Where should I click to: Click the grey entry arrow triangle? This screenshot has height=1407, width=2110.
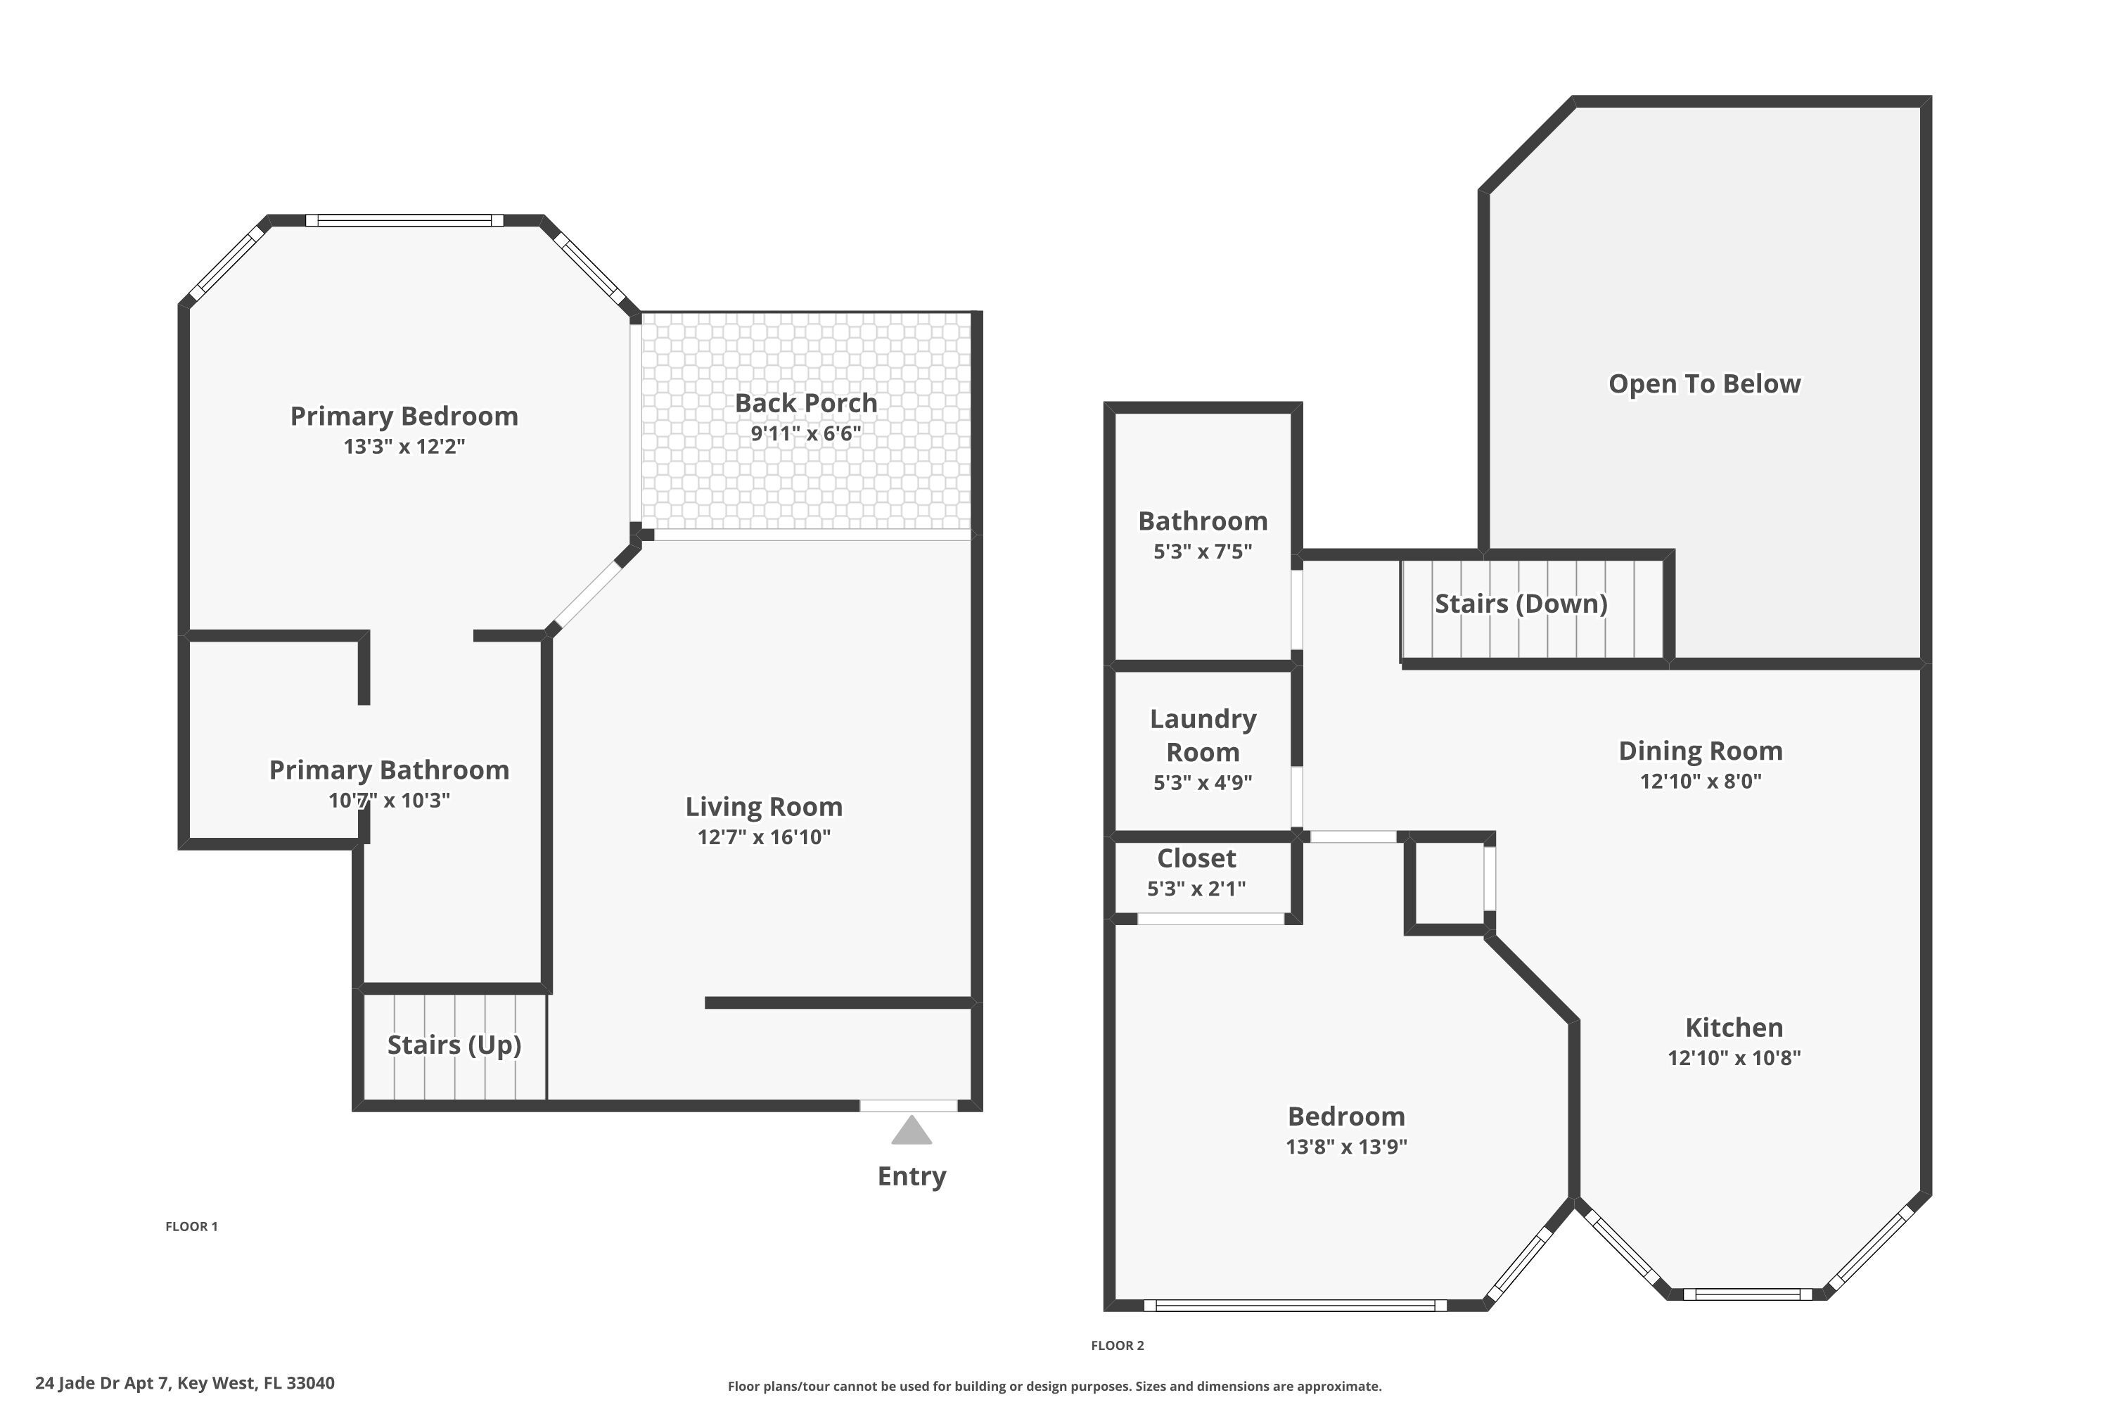911,1131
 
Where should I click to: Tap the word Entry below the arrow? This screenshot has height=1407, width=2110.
911,1176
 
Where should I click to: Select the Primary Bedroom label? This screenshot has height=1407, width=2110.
404,416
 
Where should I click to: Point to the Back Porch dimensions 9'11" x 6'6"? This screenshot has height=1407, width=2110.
805,434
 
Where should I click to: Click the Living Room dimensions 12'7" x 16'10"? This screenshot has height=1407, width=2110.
763,837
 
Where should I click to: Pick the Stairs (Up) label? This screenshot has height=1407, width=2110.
454,1045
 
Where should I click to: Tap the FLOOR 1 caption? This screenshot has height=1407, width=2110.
191,1227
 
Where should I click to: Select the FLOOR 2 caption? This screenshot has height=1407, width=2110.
1117,1345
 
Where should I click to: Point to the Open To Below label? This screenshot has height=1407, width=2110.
1703,384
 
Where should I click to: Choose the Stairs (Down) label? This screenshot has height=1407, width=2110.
1521,604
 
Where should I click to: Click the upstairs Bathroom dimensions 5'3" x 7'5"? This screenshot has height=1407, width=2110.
1202,552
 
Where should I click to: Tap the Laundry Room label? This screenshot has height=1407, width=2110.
1202,735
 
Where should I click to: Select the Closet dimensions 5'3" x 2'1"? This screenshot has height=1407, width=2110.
1196,889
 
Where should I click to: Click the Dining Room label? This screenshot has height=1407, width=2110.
1700,751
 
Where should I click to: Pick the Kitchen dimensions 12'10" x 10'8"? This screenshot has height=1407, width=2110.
1733,1058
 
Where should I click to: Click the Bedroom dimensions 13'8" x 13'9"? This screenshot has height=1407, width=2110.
1345,1147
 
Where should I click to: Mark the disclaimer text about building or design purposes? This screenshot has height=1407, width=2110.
1054,1387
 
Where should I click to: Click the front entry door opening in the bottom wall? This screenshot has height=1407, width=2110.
908,1105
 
